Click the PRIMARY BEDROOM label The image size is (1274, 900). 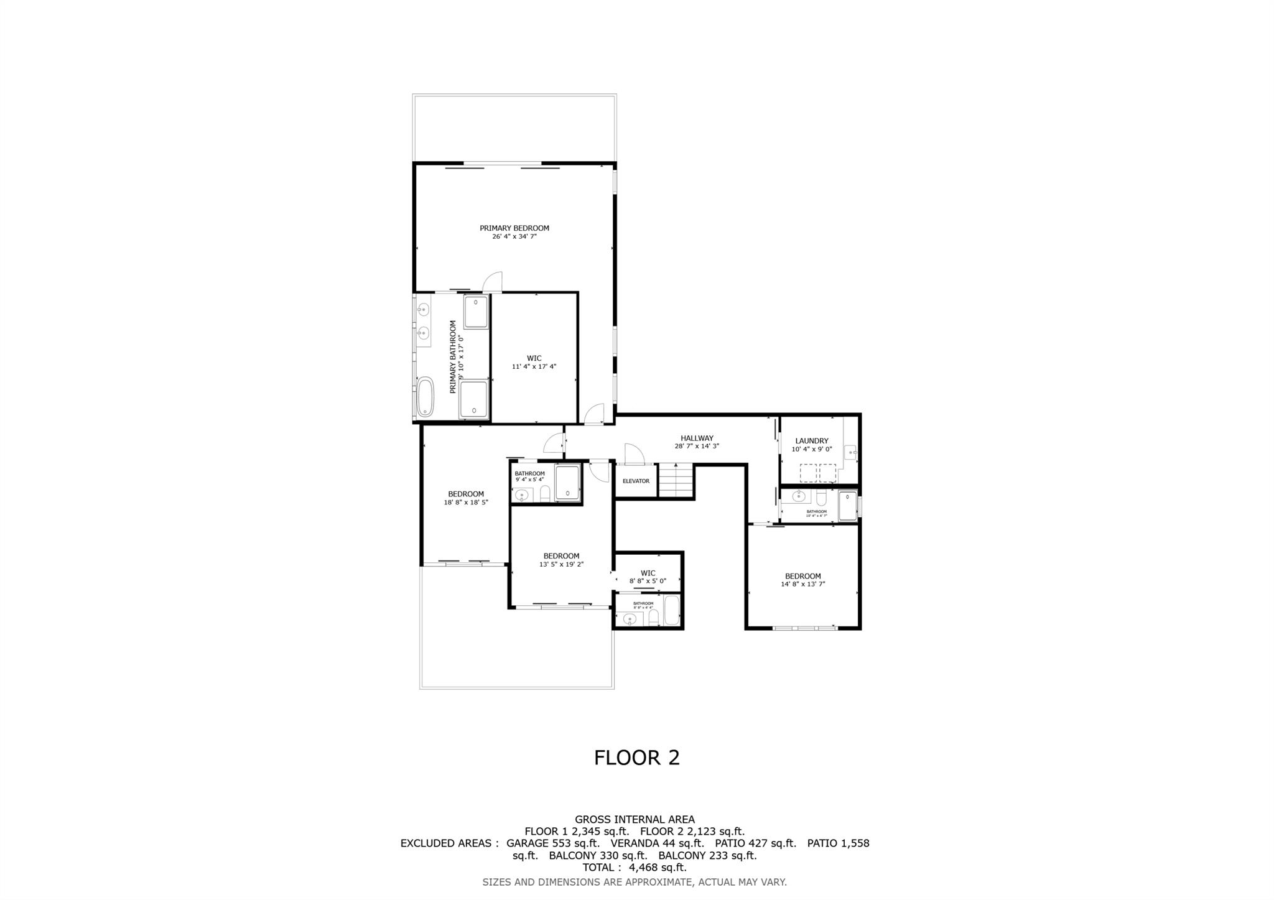(x=514, y=228)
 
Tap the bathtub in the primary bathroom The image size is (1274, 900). (x=425, y=397)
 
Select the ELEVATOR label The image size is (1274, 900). (x=636, y=481)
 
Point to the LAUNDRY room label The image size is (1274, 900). (x=811, y=441)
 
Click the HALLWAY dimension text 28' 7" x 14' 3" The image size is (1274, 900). (x=697, y=446)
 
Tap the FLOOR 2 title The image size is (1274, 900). (x=636, y=758)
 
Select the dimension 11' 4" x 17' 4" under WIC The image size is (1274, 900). (x=534, y=367)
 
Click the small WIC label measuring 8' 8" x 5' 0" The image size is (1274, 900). (x=648, y=573)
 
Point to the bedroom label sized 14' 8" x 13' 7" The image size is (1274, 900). (x=802, y=576)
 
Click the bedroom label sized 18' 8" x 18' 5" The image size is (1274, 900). (x=465, y=494)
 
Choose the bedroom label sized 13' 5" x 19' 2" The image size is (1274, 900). (x=561, y=556)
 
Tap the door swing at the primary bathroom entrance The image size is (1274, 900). (x=493, y=282)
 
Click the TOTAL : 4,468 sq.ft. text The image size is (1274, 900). (x=635, y=868)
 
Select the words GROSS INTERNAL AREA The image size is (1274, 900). (x=635, y=820)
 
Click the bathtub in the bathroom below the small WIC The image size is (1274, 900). (x=672, y=611)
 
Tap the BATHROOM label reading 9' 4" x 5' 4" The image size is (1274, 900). (x=529, y=474)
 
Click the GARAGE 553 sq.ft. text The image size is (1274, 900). (x=552, y=843)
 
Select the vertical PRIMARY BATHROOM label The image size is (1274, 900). (x=453, y=356)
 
